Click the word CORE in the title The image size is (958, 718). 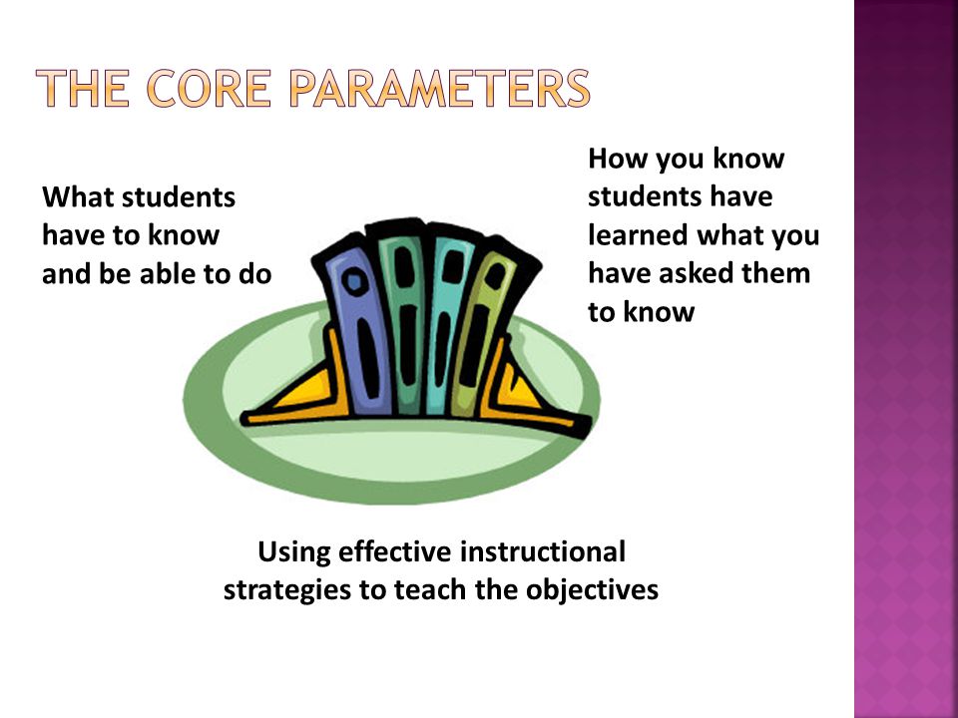209,89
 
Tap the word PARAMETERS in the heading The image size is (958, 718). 440,89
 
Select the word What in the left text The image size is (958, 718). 77,197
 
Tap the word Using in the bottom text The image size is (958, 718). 293,552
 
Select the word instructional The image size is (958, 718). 543,551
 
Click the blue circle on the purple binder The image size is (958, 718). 354,281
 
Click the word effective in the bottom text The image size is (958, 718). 395,551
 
